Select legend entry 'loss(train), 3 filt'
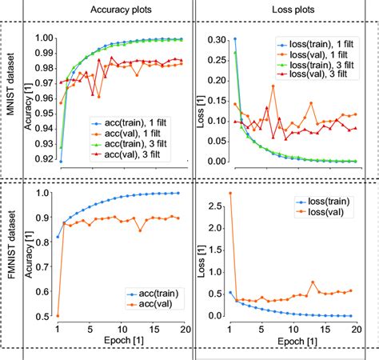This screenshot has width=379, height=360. pyautogui.click(x=323, y=64)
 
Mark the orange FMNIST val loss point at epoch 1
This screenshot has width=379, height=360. pyautogui.click(x=230, y=193)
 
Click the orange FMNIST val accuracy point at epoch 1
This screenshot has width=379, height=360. pyautogui.click(x=58, y=316)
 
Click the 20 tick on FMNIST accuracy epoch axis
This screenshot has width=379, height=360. pyautogui.click(x=182, y=329)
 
